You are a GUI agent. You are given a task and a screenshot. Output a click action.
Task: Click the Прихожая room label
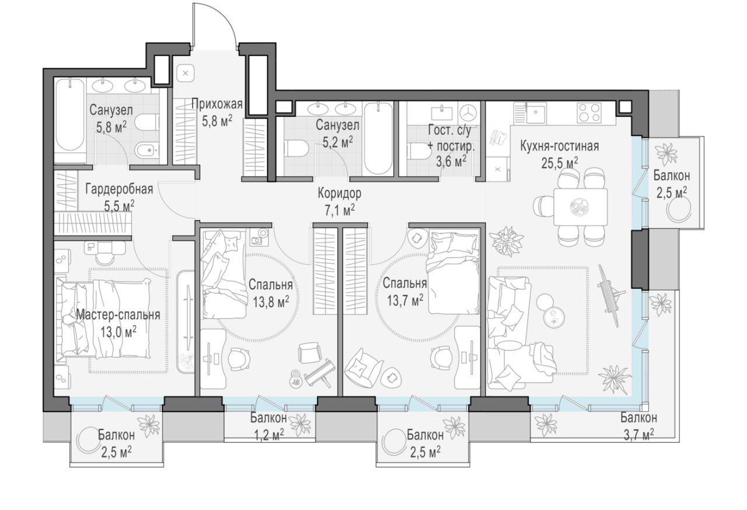(x=217, y=104)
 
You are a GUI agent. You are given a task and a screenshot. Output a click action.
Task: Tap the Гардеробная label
(x=119, y=189)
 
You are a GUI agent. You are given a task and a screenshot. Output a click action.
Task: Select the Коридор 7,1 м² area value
(x=340, y=211)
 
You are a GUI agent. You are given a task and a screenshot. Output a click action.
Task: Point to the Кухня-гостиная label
(x=560, y=146)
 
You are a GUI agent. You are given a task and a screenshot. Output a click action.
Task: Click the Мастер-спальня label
(x=118, y=315)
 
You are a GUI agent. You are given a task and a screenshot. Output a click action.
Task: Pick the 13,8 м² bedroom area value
(x=270, y=302)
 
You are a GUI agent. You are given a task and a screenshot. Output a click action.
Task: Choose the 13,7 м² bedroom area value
(x=405, y=301)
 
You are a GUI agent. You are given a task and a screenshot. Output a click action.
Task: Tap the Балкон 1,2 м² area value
(x=269, y=435)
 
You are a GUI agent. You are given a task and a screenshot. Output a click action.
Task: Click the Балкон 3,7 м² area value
(x=638, y=435)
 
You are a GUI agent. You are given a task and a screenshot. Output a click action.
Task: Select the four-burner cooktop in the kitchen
(x=590, y=113)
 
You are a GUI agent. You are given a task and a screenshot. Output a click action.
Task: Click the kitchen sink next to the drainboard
(x=536, y=113)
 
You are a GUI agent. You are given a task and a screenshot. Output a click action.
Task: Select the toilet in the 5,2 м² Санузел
(x=296, y=149)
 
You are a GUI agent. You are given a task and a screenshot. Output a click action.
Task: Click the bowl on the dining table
(x=580, y=207)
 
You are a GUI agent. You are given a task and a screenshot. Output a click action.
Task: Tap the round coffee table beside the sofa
(x=554, y=317)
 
